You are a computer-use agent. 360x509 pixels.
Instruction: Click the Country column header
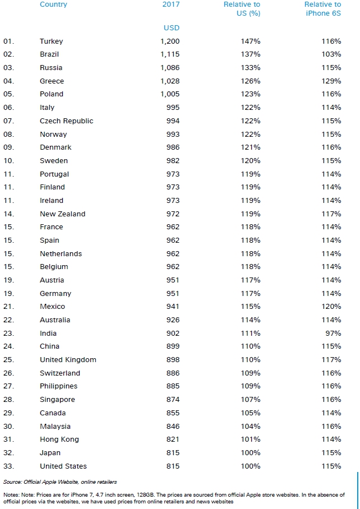(53, 4)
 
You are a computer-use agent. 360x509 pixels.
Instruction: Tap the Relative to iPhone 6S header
(323, 8)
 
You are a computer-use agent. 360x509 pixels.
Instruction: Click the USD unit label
(171, 27)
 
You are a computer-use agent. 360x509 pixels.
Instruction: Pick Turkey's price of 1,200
(169, 41)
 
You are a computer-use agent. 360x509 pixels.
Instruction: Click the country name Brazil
(49, 54)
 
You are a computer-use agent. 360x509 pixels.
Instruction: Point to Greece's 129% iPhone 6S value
(331, 81)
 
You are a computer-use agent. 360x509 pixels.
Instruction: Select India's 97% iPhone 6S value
(334, 333)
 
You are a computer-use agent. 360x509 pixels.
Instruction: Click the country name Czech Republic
(66, 121)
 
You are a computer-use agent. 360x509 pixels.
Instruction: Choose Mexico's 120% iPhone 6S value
(331, 307)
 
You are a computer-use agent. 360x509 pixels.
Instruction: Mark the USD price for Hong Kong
(173, 439)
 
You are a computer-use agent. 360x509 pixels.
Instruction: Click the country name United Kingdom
(68, 360)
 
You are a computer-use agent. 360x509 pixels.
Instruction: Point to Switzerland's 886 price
(173, 373)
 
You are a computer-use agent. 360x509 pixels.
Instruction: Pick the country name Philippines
(58, 386)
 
